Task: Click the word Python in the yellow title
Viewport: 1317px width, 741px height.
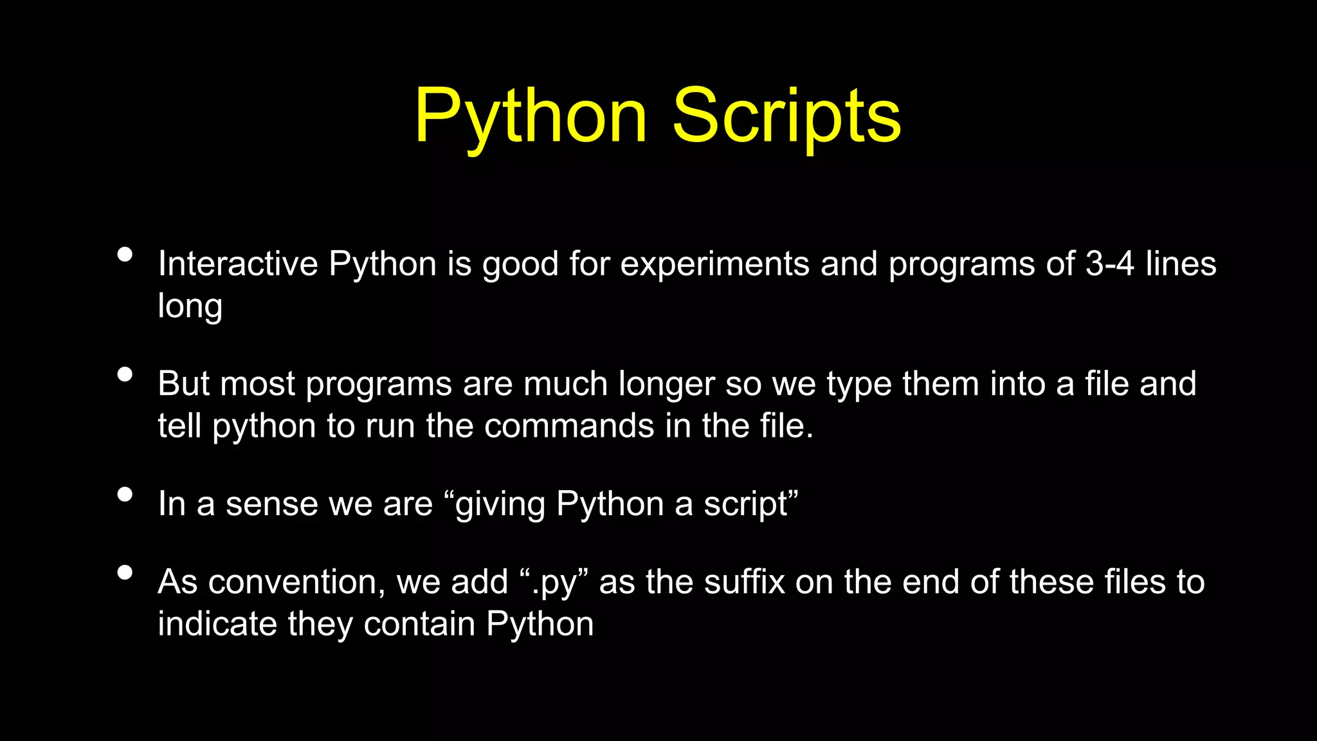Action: point(531,117)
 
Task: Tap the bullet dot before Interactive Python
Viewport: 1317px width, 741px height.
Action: point(125,255)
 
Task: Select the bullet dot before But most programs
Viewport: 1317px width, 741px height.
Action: point(125,374)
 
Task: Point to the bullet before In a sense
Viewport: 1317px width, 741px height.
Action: point(125,494)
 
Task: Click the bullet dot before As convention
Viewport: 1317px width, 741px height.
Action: point(125,572)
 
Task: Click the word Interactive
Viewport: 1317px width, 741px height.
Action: point(238,264)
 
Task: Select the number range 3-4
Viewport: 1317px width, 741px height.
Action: point(1109,264)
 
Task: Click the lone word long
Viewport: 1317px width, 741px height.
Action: point(190,307)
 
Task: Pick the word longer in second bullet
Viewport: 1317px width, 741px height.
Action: point(666,385)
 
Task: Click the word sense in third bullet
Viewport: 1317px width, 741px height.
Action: point(271,504)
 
